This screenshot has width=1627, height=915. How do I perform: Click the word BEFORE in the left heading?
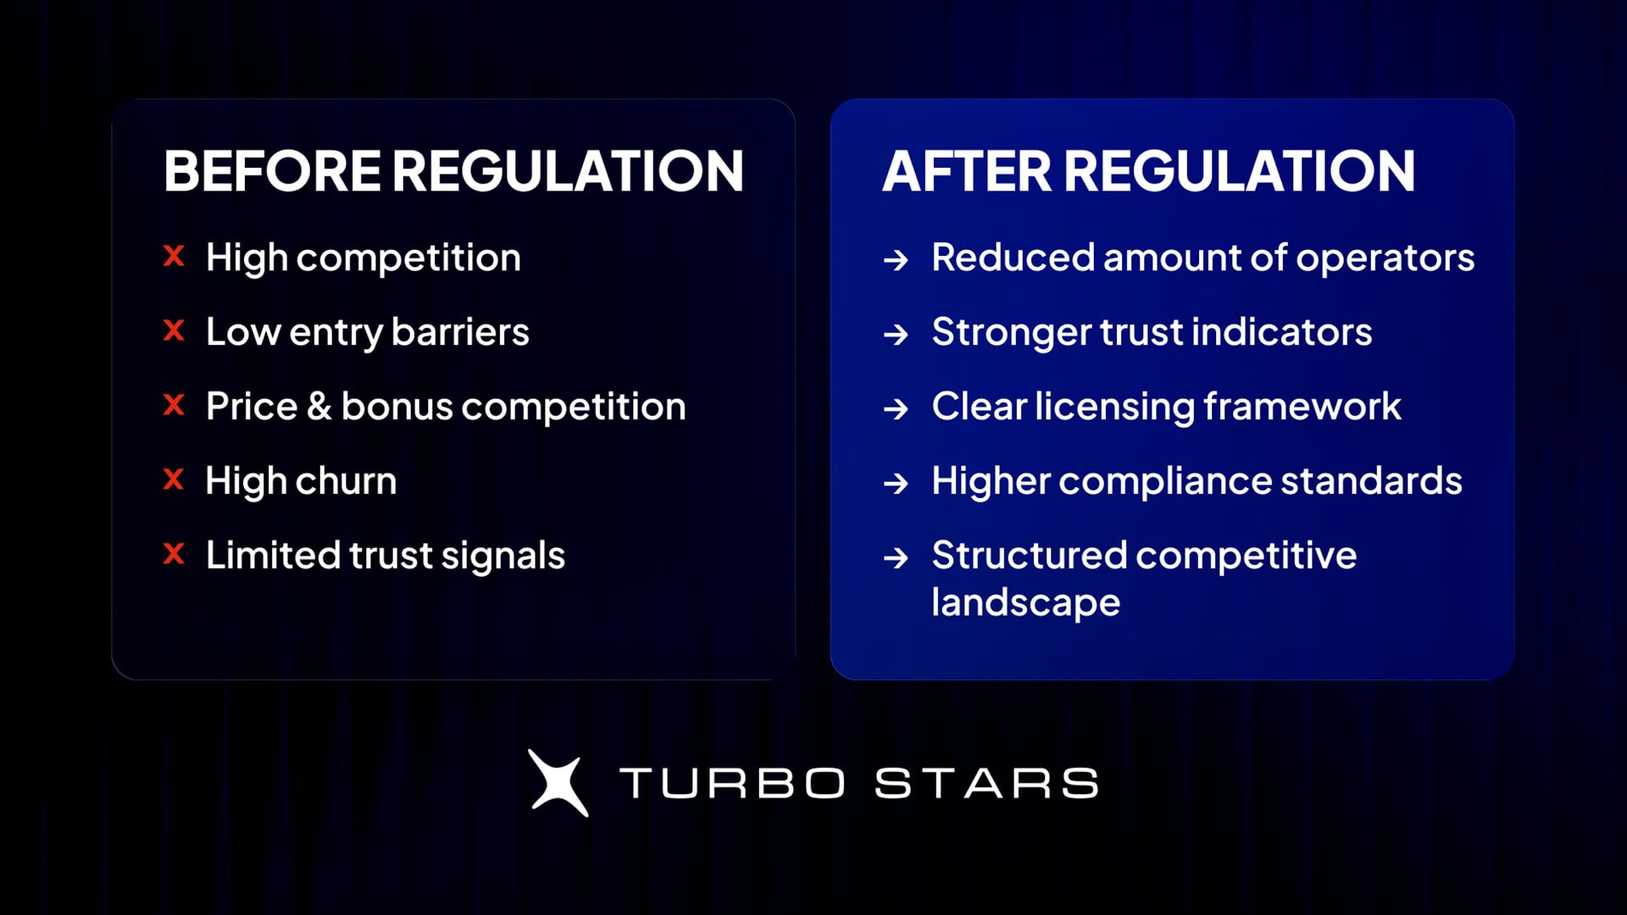[272, 171]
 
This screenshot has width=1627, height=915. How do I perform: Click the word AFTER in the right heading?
[966, 171]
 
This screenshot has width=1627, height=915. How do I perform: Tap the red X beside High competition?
[174, 256]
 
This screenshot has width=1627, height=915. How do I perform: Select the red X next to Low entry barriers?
[174, 330]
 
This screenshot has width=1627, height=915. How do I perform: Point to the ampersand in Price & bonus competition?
[319, 406]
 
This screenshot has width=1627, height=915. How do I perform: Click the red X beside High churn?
[174, 480]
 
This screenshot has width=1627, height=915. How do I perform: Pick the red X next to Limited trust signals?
[174, 554]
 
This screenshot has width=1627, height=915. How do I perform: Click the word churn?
[347, 481]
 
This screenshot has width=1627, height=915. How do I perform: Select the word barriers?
[460, 331]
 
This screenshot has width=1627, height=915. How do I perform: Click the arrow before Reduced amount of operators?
[896, 259]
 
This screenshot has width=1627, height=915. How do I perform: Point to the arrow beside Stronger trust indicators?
[896, 334]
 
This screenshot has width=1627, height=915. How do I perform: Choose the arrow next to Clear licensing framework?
[896, 408]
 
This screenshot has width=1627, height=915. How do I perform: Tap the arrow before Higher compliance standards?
[896, 483]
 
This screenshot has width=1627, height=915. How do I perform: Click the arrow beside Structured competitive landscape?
[896, 557]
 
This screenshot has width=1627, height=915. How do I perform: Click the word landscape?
[1025, 603]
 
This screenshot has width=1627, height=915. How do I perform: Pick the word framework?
[1302, 406]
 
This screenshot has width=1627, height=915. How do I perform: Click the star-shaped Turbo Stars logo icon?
[558, 783]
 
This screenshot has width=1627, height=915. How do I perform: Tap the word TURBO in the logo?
[732, 783]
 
